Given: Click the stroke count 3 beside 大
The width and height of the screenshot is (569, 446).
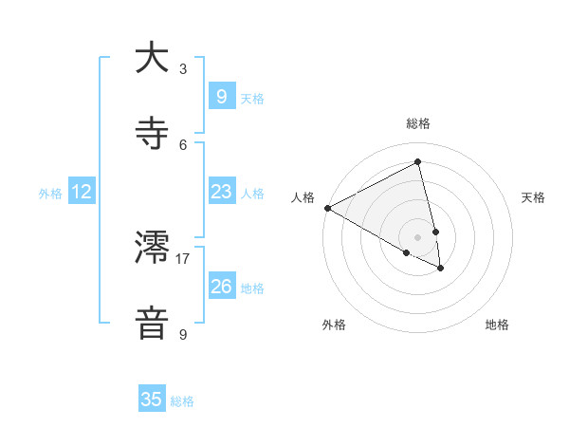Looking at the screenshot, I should click(183, 68).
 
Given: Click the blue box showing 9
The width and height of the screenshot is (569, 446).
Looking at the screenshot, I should click(221, 96).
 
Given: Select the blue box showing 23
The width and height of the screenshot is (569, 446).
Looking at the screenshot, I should click(221, 192).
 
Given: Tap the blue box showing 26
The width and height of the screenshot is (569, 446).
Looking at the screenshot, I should click(221, 286).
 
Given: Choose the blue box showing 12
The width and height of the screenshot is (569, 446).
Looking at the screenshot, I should click(82, 192).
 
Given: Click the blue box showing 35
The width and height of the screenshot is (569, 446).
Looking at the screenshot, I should click(152, 400).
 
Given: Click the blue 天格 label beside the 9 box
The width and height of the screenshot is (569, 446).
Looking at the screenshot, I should click(252, 98).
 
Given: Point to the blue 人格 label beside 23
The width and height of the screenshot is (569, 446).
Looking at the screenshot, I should click(252, 194).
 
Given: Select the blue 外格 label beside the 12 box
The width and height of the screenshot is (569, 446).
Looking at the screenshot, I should click(50, 194).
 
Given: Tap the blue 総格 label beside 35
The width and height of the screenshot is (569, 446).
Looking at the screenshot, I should click(182, 401).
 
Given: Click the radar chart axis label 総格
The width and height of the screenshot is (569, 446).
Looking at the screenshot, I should click(418, 123).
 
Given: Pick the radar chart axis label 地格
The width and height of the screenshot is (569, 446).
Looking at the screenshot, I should click(497, 325).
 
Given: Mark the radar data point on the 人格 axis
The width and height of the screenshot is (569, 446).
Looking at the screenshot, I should click(327, 208).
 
